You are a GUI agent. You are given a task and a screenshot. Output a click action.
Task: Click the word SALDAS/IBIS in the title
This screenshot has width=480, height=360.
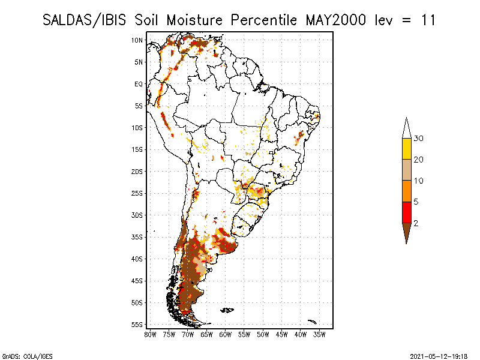(x=84, y=20)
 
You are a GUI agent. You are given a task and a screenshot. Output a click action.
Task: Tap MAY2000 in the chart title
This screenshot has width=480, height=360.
(x=336, y=20)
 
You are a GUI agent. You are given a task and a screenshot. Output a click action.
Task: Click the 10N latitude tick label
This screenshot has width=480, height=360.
(x=137, y=40)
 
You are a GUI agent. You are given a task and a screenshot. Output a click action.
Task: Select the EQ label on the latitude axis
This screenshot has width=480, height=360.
(x=139, y=84)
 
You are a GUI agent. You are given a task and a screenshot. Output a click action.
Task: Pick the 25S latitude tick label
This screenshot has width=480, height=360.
(x=137, y=193)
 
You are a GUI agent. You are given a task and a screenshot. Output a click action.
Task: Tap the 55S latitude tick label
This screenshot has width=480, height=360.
(x=137, y=325)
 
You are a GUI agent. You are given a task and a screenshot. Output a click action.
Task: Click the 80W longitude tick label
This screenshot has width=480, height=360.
(x=150, y=335)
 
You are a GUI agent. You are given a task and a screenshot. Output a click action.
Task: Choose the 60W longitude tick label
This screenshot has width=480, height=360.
(x=226, y=335)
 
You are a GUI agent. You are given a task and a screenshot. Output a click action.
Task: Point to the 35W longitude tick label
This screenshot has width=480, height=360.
(x=319, y=335)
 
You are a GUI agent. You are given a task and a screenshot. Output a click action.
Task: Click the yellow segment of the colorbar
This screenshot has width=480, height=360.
(x=407, y=149)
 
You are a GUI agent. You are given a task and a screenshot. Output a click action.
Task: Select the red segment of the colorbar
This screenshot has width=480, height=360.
(x=407, y=212)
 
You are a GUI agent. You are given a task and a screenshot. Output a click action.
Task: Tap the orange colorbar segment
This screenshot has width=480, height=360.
(x=407, y=191)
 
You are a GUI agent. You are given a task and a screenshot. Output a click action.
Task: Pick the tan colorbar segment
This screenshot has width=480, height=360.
(x=407, y=170)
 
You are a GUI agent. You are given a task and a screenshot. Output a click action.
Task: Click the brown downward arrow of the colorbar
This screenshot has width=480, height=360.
(x=407, y=232)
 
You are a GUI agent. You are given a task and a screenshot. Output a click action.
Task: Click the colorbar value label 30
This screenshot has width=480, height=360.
(x=418, y=139)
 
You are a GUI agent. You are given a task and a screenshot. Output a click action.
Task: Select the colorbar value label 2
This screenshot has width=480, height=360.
(x=416, y=223)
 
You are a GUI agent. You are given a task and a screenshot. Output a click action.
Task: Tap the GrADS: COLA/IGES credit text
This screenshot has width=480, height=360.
(x=27, y=356)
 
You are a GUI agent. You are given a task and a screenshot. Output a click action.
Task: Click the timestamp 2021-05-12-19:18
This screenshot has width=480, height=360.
(x=439, y=356)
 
